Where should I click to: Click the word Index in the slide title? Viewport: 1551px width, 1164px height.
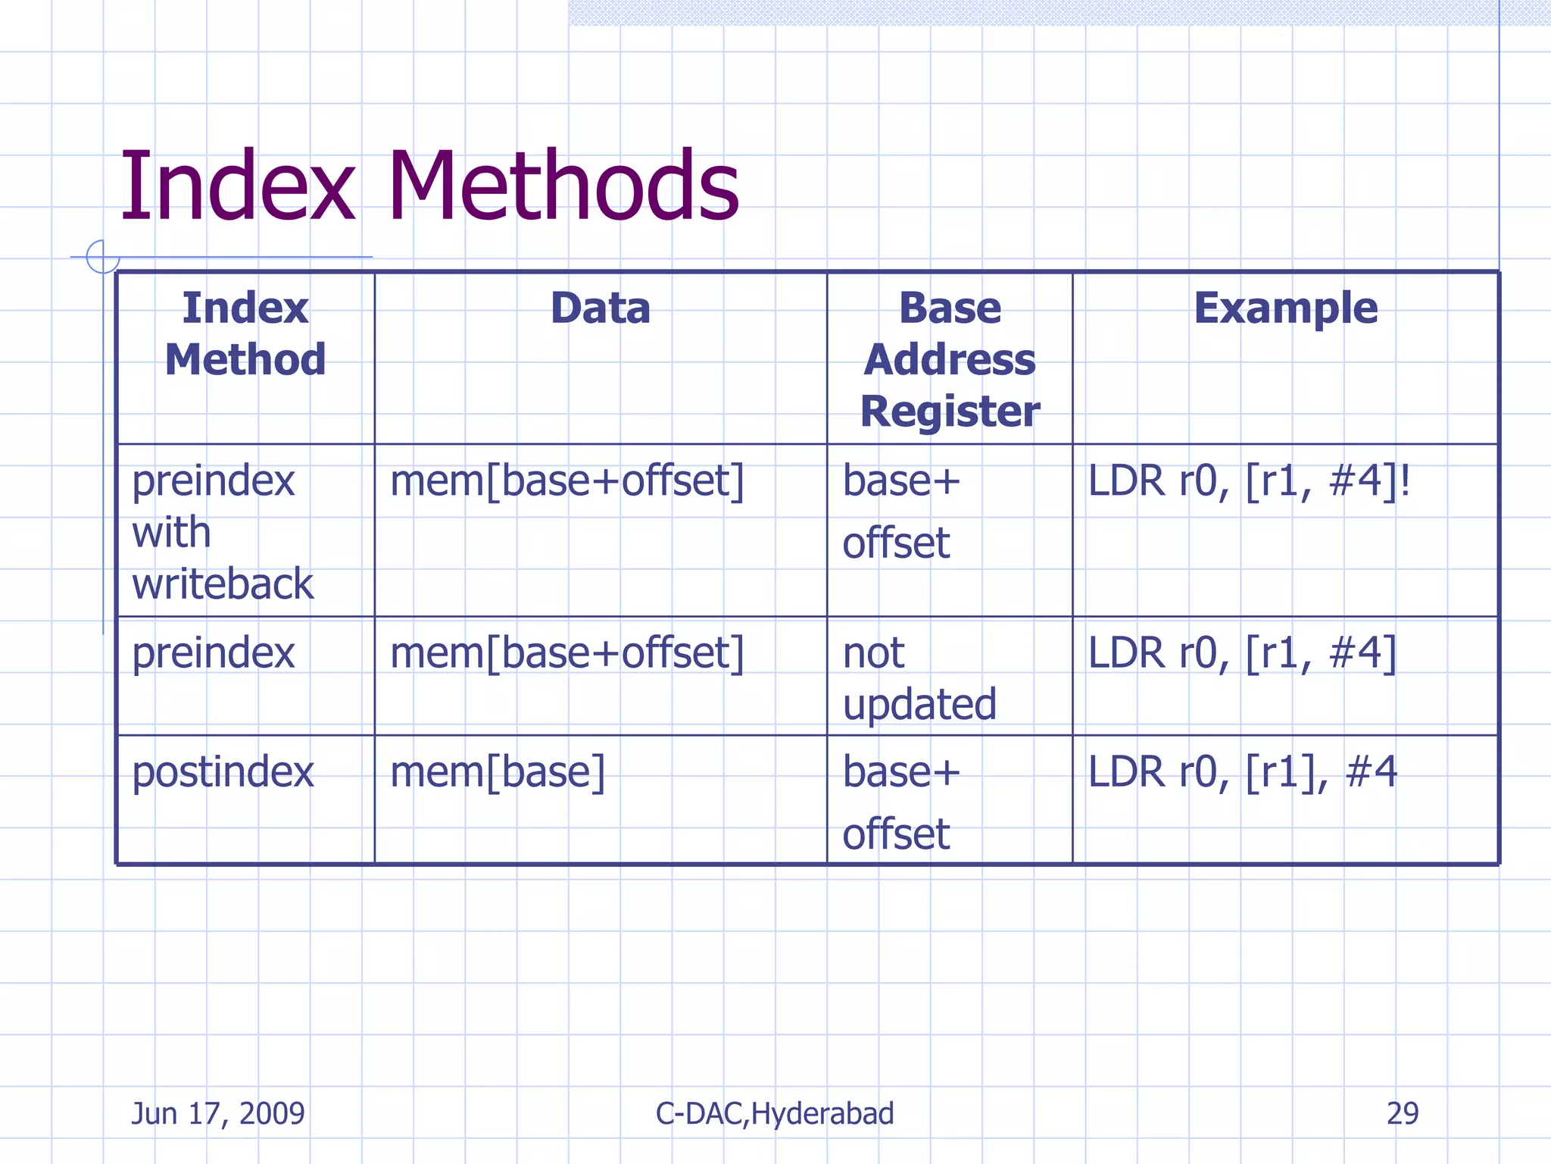tap(237, 186)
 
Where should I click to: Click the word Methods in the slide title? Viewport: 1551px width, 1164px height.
tap(563, 186)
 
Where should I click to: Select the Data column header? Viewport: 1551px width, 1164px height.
tap(600, 308)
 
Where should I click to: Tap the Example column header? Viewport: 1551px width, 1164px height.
tap(1285, 308)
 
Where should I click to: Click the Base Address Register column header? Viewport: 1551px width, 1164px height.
tap(950, 359)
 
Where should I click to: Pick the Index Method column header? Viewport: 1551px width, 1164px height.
tap(245, 333)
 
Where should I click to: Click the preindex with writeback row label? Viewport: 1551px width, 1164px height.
tap(222, 532)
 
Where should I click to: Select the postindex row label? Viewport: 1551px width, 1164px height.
tap(222, 772)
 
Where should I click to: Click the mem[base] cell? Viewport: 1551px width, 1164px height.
tap(498, 772)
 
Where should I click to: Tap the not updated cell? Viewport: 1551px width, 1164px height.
tap(919, 678)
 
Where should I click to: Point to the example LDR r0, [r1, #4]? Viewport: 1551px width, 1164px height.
tap(1248, 481)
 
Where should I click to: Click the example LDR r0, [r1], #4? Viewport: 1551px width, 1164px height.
tap(1242, 772)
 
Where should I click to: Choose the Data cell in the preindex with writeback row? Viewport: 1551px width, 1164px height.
tap(566, 481)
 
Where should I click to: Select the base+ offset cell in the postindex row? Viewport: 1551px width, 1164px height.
tap(901, 803)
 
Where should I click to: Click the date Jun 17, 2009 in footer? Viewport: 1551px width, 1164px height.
tap(218, 1113)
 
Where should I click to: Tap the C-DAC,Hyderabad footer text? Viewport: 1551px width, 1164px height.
tap(774, 1113)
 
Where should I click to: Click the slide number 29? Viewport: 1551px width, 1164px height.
tap(1402, 1113)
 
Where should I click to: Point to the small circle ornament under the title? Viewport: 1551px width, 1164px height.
tap(102, 256)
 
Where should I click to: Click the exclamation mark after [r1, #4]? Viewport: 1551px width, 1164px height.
tap(1405, 481)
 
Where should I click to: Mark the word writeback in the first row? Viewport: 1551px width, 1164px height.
tap(222, 584)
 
